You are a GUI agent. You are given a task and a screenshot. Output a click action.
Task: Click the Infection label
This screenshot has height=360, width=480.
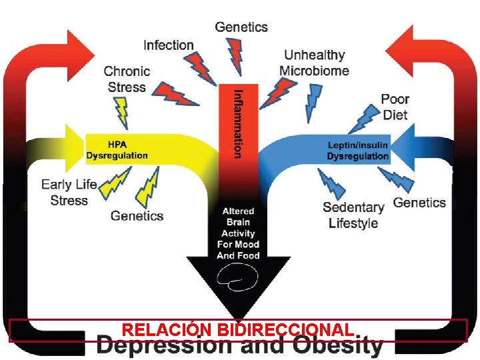(169, 45)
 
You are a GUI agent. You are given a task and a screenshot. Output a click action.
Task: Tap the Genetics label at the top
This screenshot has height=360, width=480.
(241, 27)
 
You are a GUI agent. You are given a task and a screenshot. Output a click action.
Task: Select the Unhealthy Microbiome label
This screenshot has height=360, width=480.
(315, 63)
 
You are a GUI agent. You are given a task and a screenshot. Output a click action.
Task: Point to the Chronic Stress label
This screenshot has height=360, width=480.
(127, 79)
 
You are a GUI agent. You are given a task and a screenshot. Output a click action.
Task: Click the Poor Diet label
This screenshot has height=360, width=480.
(395, 107)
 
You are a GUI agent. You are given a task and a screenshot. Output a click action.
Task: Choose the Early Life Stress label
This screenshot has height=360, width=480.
(69, 193)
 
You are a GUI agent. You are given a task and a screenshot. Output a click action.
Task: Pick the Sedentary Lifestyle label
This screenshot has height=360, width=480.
(353, 215)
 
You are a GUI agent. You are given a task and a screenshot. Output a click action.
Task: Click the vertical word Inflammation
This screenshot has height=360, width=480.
(239, 124)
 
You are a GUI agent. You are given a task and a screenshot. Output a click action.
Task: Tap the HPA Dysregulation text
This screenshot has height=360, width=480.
(117, 150)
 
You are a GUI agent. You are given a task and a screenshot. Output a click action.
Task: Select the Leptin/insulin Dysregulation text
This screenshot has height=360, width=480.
(357, 151)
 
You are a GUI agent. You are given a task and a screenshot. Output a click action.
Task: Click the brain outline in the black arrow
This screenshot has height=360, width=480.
(237, 277)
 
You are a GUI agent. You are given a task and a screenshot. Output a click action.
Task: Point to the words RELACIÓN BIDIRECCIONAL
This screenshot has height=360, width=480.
(238, 330)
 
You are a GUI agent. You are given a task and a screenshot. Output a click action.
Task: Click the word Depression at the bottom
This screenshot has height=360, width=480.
(165, 345)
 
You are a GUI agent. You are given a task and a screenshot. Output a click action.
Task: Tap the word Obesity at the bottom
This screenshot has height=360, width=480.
(338, 345)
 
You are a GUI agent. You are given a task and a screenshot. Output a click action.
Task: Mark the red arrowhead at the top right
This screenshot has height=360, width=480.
(399, 51)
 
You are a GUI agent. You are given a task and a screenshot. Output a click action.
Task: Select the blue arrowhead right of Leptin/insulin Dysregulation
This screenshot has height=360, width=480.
(403, 147)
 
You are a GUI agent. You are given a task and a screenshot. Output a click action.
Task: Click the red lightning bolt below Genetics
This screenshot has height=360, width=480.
(236, 57)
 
